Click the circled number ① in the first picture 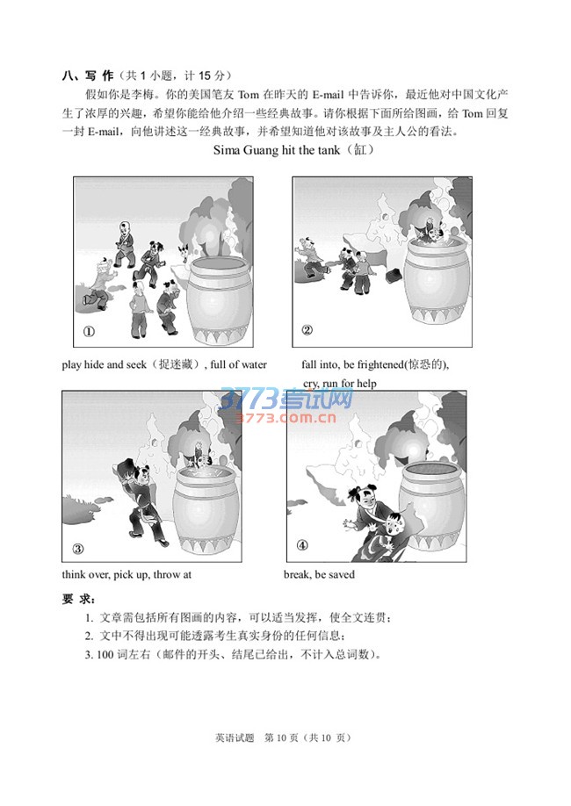(x=89, y=332)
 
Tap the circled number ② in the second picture (x=307, y=330)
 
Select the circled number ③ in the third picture (x=77, y=549)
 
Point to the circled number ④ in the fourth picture (x=302, y=545)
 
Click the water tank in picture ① (x=220, y=301)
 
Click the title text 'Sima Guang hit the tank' (x=277, y=150)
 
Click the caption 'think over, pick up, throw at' (x=126, y=575)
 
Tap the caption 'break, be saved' (x=319, y=575)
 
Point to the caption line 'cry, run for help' (x=339, y=384)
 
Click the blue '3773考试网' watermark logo (x=287, y=399)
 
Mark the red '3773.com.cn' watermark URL (x=285, y=418)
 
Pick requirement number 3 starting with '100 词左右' (x=233, y=655)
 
